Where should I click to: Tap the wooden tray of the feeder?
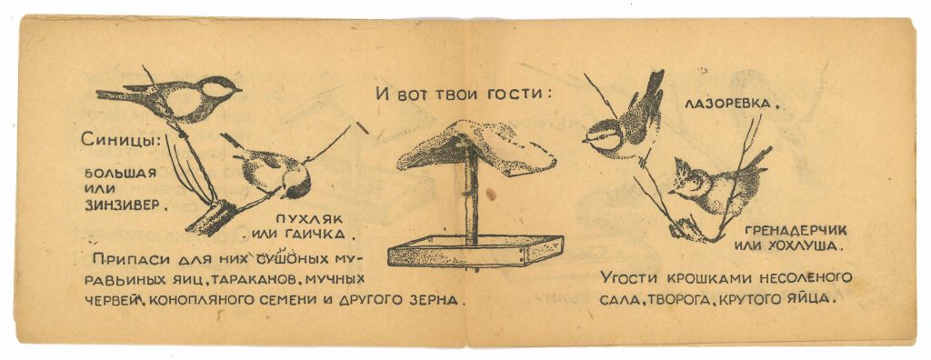pos(475,251)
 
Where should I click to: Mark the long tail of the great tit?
pos(119,95)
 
